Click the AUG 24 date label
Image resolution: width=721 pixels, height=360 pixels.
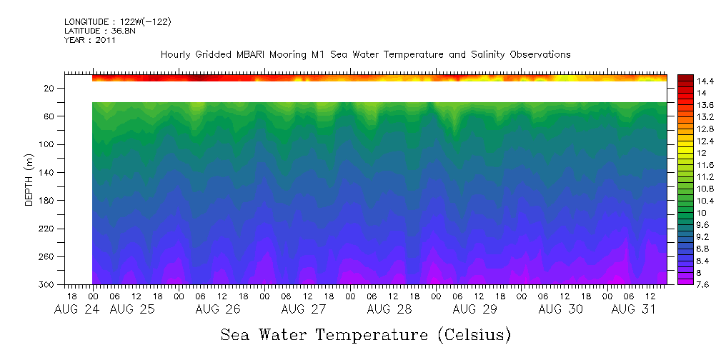71,309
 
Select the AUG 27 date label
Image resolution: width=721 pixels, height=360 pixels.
303,309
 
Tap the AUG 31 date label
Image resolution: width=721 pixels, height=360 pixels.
632,309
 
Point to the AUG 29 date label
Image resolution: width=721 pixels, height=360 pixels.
474,309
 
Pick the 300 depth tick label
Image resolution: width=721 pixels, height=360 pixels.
47,285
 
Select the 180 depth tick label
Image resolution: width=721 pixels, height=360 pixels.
47,201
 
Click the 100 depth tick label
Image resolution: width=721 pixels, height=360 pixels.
47,144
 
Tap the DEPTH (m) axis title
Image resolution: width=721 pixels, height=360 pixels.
29,183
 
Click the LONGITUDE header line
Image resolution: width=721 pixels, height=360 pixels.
117,22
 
